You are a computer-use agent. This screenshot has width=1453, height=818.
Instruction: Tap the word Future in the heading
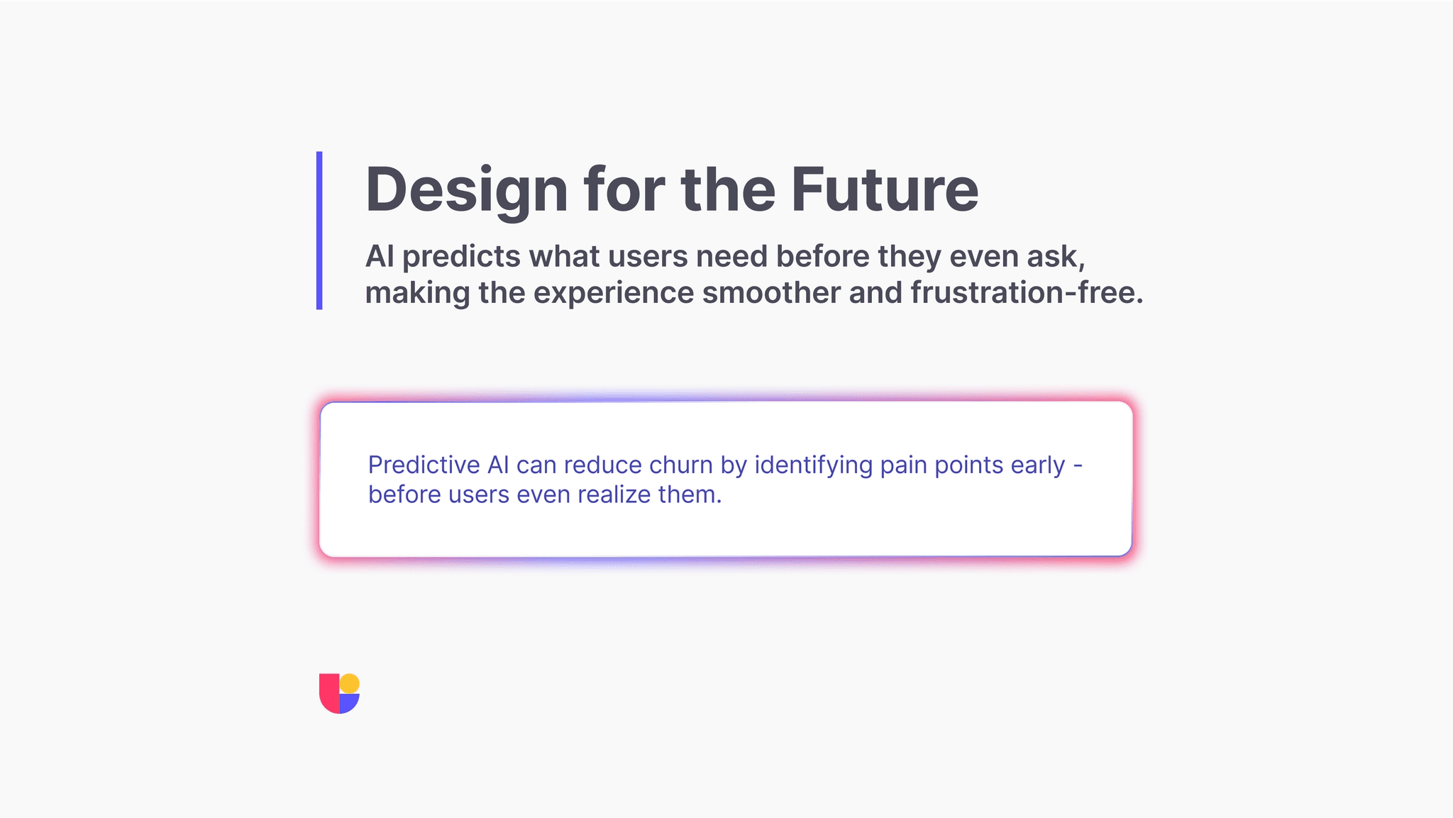[885, 189]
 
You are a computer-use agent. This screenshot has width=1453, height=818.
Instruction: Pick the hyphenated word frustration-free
[1027, 293]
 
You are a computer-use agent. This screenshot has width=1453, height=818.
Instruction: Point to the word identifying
[813, 466]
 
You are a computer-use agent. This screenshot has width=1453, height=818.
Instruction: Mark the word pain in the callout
[903, 466]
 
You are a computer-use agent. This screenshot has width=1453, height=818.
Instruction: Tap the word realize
[614, 494]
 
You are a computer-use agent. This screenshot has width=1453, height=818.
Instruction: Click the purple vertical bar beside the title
[319, 231]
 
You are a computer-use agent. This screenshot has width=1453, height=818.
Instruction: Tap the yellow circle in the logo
[350, 684]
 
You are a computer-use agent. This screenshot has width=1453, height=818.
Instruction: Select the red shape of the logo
[329, 694]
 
